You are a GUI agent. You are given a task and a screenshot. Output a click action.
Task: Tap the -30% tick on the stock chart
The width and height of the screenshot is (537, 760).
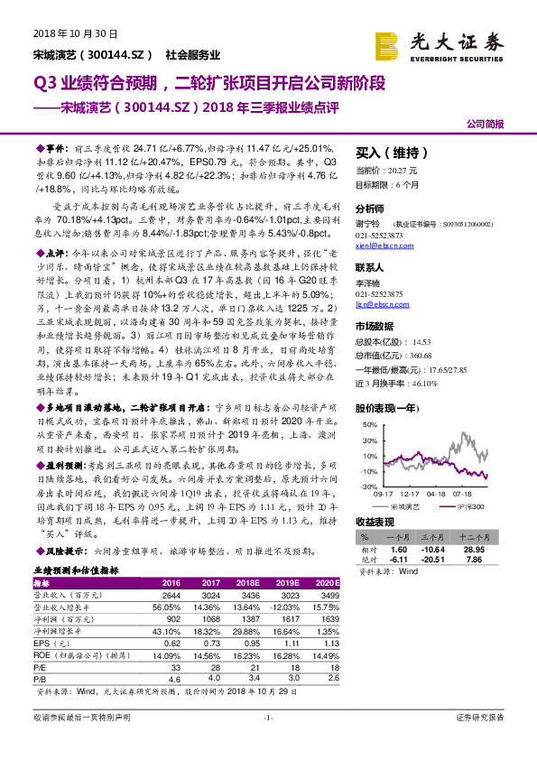(368, 487)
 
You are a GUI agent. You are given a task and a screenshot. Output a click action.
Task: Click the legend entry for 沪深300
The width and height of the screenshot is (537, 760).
(465, 508)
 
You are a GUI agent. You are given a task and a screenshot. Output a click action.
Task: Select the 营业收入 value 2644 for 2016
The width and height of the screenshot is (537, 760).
(171, 597)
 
